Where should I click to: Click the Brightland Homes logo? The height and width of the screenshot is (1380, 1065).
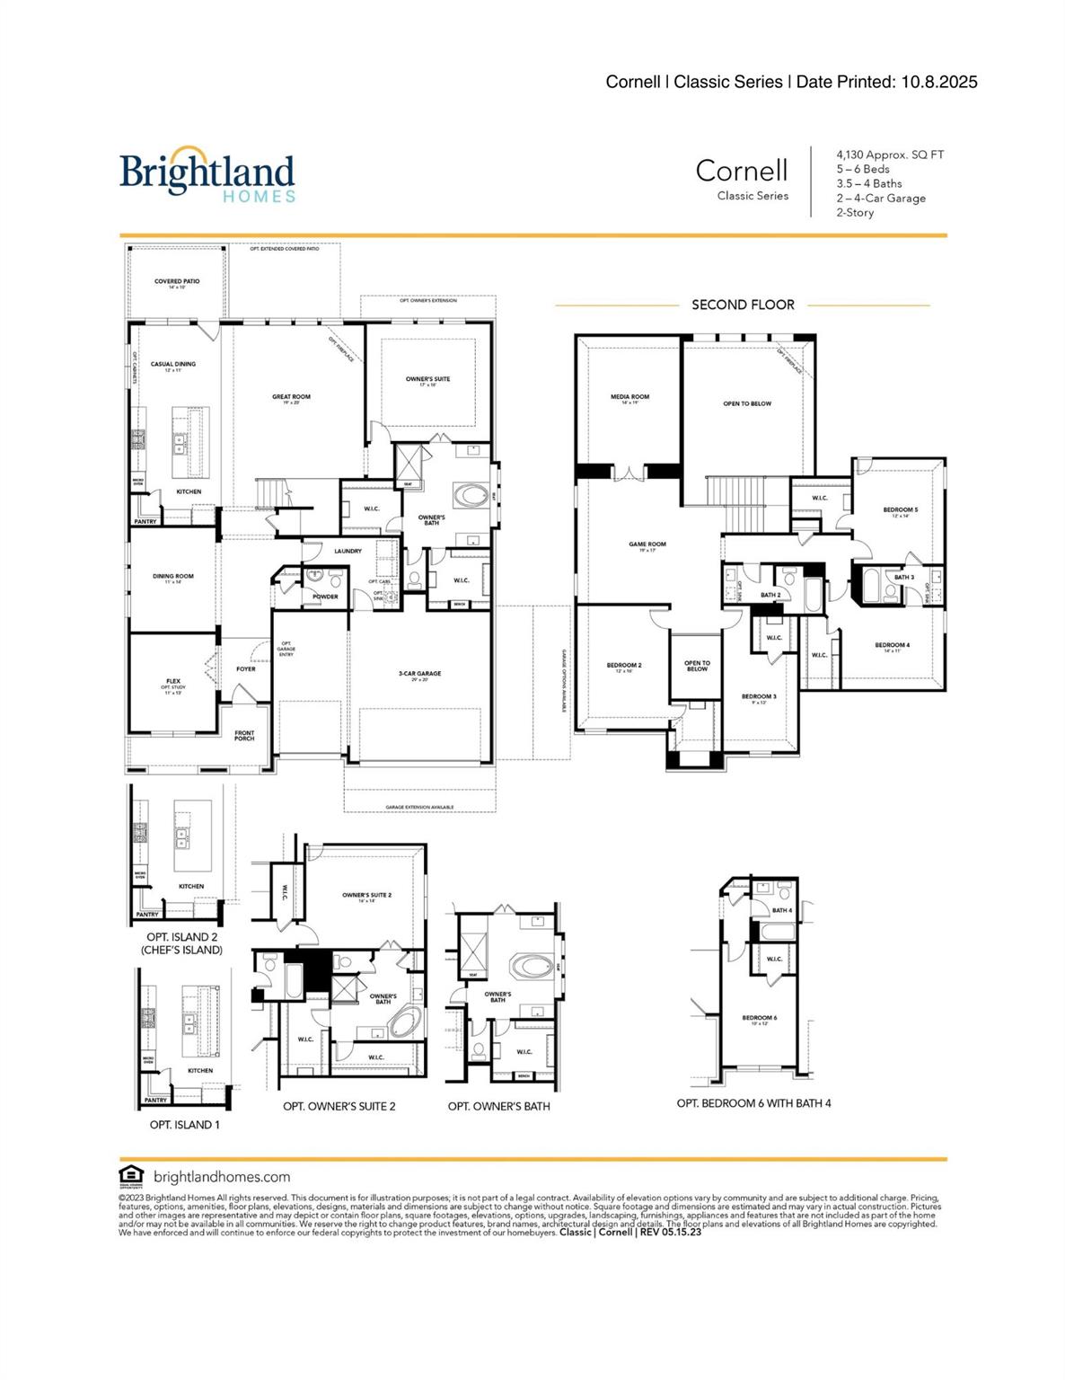[x=207, y=174]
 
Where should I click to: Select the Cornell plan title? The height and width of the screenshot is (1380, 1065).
[x=741, y=171]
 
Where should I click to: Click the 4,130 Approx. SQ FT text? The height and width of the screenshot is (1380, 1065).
[x=890, y=155]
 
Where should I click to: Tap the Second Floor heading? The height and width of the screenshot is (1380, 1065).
[x=743, y=305]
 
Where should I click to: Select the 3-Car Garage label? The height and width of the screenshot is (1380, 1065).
[x=419, y=675]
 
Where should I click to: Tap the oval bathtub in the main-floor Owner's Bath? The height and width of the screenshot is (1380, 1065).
[x=471, y=495]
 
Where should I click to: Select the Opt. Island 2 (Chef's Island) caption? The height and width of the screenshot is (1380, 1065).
[x=181, y=943]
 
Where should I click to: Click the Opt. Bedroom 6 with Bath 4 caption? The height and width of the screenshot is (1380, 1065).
[x=753, y=1102]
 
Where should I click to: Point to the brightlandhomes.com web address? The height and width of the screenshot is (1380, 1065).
[x=222, y=1176]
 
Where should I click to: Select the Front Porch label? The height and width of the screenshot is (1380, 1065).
[x=244, y=736]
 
